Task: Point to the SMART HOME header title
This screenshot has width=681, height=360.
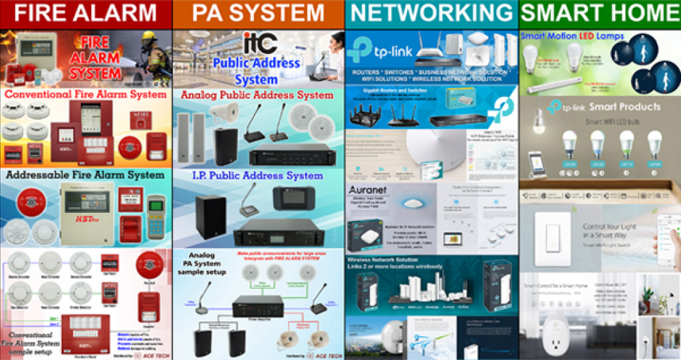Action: pyautogui.click(x=601, y=13)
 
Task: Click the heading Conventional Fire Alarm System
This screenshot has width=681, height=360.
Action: pyautogui.click(x=85, y=94)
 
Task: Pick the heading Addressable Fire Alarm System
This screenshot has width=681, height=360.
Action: pyautogui.click(x=85, y=175)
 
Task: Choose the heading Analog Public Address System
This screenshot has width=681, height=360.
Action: pyautogui.click(x=257, y=95)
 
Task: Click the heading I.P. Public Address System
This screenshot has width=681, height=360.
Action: pyautogui.click(x=257, y=176)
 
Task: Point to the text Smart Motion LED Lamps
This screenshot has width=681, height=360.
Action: pyautogui.click(x=573, y=36)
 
